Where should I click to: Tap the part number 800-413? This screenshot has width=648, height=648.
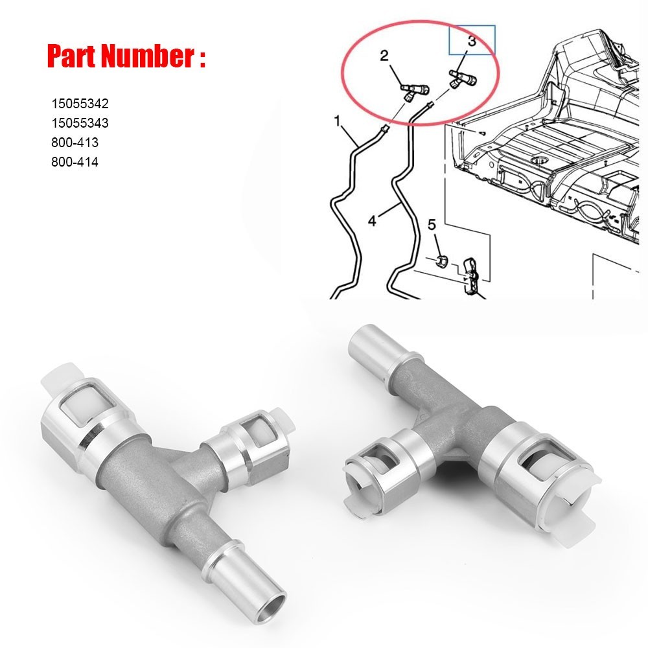click(x=75, y=143)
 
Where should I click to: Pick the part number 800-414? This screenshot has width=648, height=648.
click(x=75, y=162)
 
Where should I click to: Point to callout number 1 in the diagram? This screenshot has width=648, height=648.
click(x=337, y=121)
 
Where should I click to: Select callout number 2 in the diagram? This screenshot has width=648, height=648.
click(x=384, y=56)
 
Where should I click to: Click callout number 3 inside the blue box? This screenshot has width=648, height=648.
click(x=472, y=41)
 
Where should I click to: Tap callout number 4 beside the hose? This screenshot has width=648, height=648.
click(x=371, y=221)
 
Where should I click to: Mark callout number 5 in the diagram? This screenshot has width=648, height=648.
click(x=432, y=226)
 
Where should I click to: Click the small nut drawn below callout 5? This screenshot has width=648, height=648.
click(x=441, y=260)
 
